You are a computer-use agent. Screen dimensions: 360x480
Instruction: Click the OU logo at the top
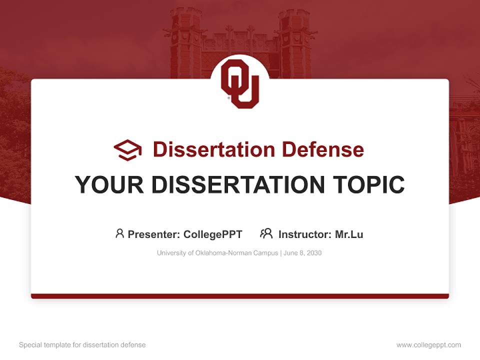[x=240, y=83]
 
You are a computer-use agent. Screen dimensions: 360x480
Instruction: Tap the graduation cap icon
[x=127, y=149]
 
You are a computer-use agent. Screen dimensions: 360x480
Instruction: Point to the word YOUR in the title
[x=109, y=185]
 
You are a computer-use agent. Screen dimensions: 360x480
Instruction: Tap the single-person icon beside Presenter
[x=119, y=233]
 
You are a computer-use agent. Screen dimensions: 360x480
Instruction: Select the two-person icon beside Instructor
[x=266, y=233]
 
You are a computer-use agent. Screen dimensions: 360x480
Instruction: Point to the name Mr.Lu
[x=349, y=234]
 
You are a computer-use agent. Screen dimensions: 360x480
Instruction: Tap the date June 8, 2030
[x=302, y=253]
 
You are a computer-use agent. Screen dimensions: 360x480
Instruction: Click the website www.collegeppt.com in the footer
[x=428, y=345]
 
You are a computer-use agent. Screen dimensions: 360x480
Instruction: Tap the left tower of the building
[x=185, y=40]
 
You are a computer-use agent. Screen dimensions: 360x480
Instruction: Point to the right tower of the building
[x=294, y=40]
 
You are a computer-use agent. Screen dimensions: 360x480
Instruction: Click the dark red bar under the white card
[x=240, y=296]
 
